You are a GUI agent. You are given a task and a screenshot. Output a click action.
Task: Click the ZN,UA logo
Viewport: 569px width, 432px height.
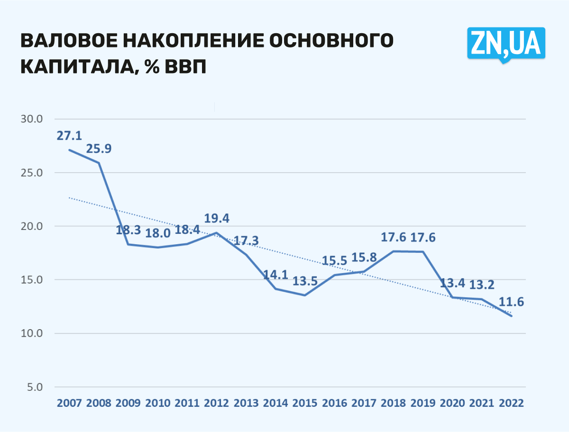coord(506,43)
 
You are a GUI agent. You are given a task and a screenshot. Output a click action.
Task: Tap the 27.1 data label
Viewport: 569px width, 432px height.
coord(70,136)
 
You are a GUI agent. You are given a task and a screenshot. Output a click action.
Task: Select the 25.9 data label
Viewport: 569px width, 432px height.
coord(99,149)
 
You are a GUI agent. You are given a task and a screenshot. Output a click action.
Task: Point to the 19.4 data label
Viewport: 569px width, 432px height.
coord(217,219)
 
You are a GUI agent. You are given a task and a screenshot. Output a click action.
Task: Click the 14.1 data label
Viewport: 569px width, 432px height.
coord(276,275)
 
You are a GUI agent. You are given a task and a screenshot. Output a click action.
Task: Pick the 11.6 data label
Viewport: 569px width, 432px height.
coord(511,302)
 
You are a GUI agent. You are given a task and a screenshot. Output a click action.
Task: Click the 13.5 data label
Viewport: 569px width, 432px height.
coord(305,281)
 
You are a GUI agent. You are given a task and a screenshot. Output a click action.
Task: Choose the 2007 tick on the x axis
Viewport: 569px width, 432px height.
coord(69,403)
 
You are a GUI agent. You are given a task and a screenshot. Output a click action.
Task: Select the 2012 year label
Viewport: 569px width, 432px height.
coord(217,403)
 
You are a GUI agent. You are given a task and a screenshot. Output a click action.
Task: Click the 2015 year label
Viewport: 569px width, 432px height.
coord(305,403)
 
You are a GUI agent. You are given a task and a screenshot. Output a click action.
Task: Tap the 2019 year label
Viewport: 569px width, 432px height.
coord(423,403)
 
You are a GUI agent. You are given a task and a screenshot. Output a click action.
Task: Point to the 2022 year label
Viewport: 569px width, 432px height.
coord(511,403)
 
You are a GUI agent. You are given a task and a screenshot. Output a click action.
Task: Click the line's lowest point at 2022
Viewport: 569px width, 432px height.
coord(512,316)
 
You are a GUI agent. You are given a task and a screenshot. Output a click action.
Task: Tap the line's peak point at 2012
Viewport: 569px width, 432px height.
coord(217,232)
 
